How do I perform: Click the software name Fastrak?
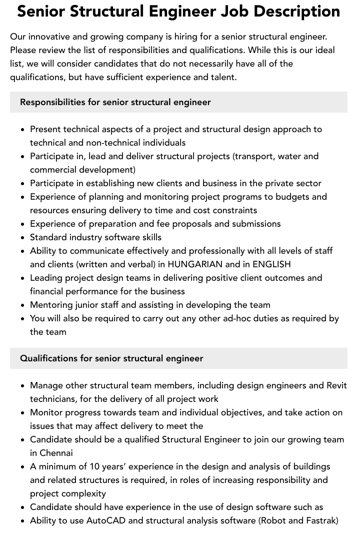click(317, 520)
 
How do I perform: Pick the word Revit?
click(336, 385)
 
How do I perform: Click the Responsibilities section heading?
click(115, 102)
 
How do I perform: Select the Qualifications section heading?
click(111, 358)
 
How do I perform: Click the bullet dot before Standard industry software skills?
click(22, 238)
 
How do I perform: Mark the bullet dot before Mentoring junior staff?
click(22, 305)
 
